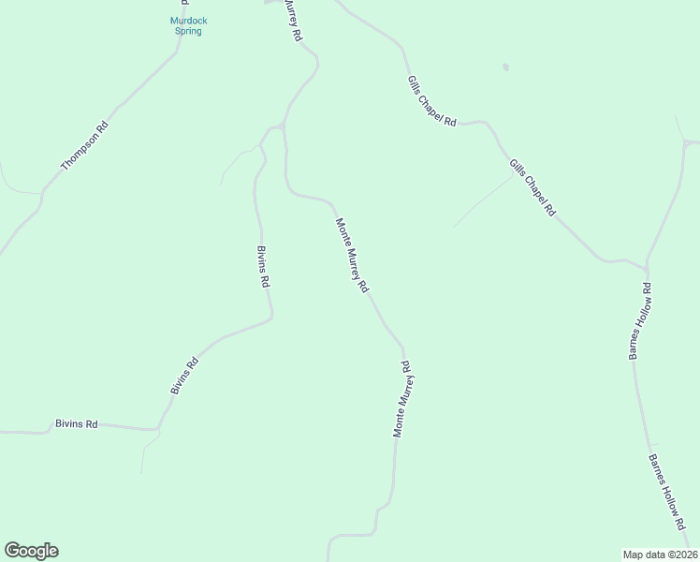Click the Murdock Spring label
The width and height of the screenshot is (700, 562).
point(188,25)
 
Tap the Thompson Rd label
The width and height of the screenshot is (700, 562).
point(85,146)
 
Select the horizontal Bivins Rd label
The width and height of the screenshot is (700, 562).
point(77,424)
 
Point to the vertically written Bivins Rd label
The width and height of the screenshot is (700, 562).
point(263,267)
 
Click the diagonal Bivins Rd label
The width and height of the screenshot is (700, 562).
point(184,375)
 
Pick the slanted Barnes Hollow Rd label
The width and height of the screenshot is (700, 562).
point(668,491)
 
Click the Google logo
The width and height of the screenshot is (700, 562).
point(31,551)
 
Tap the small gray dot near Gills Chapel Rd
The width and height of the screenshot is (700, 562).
point(505,67)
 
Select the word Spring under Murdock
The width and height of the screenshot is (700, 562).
point(188,31)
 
